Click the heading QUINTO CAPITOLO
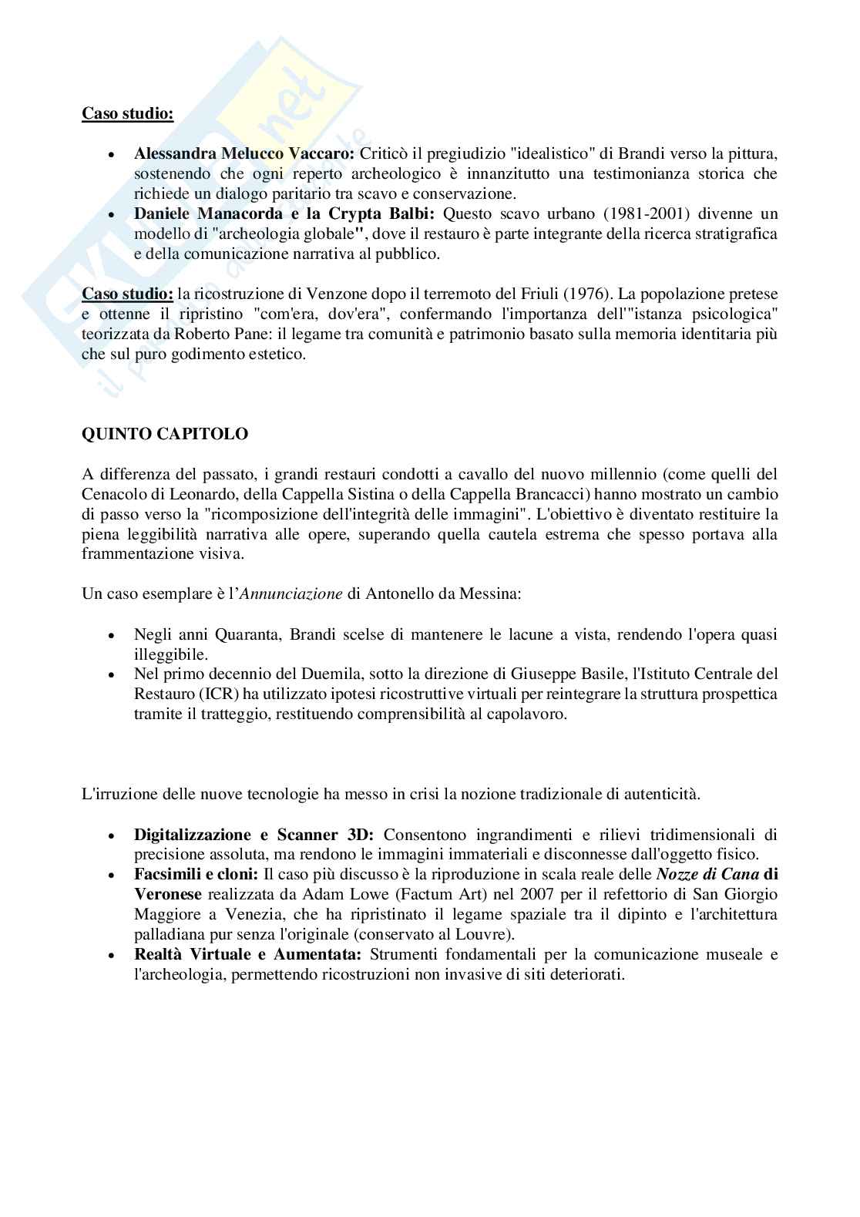165,434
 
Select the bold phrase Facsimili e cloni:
197,875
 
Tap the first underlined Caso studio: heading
128,113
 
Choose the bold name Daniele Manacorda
208,213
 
